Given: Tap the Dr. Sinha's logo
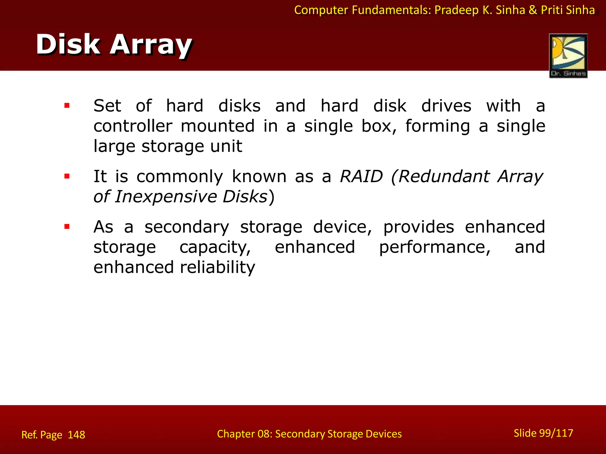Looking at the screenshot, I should point(568,56).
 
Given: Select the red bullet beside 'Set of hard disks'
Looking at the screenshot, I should point(67,106).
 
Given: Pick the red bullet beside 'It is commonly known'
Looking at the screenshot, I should point(67,176).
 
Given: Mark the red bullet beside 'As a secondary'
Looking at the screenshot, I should point(67,227).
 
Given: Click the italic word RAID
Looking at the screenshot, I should point(361,176).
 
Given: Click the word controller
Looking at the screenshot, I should point(133,126).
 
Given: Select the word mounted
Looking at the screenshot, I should point(217,126).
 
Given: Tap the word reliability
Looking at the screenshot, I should point(217,267).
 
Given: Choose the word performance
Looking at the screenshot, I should point(435,247).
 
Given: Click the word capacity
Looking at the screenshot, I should point(215,247).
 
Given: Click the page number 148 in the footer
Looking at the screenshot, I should point(76,435).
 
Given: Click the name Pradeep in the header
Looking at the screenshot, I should point(456,10).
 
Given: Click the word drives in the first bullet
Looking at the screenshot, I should point(446,106).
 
